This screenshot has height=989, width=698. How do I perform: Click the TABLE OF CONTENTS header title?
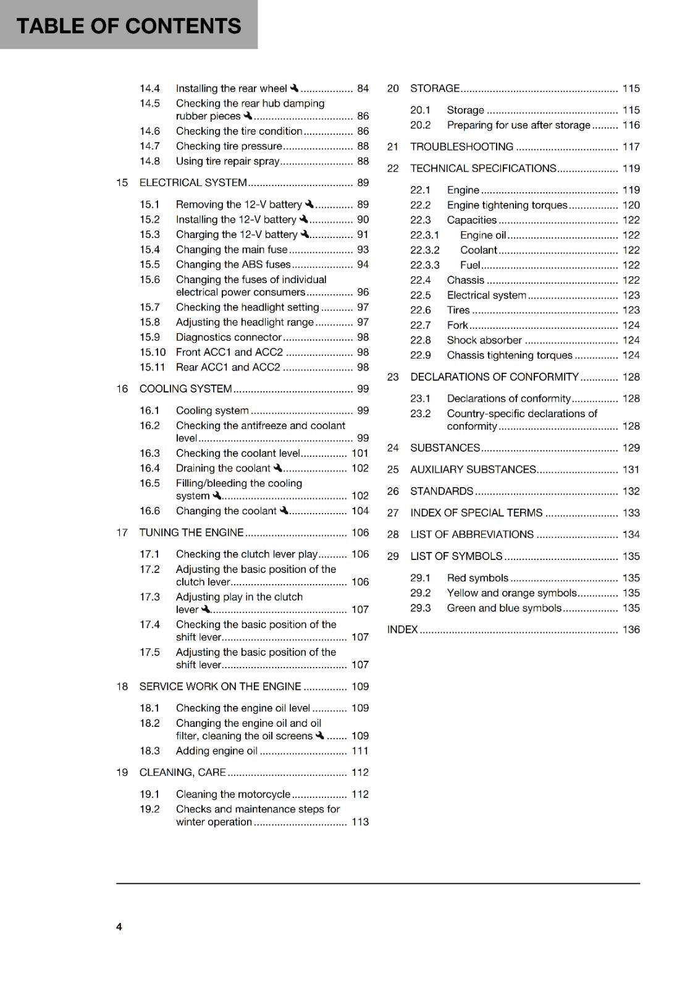coord(128,25)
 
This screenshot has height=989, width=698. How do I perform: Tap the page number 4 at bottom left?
coord(119,927)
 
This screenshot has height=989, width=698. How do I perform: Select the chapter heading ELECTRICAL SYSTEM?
coord(193,182)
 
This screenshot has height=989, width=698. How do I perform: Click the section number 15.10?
coord(153,352)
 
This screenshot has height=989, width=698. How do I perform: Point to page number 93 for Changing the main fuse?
coord(363,250)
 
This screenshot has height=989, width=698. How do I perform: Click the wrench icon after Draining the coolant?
coord(277,468)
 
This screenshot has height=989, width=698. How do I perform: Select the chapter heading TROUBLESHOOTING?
coord(461,147)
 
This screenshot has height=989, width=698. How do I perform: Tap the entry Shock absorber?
coord(484,341)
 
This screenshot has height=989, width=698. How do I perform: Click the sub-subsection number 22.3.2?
coord(425,250)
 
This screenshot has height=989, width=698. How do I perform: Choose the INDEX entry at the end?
coord(402,630)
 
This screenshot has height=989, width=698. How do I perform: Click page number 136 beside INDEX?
coord(631,630)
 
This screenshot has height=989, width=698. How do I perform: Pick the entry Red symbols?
coord(477,578)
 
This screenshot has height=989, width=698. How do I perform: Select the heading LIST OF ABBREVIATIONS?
coord(472,535)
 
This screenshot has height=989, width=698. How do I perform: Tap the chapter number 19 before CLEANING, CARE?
coord(122,773)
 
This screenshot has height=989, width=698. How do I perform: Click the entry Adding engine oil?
coord(216,751)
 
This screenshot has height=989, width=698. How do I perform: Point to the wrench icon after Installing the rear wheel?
coord(294,88)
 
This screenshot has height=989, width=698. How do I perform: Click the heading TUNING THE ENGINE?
coord(191,533)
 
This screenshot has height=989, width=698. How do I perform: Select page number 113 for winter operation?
coord(360,822)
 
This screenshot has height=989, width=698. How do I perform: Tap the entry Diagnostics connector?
coord(229,337)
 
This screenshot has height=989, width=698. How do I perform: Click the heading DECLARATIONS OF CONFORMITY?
coord(494,377)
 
